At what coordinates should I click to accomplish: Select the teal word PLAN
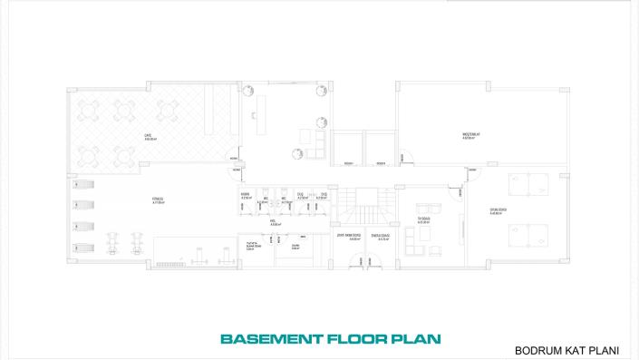tap(414, 339)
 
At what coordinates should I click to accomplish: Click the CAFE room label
tap(148, 137)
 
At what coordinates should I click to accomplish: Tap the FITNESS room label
tap(158, 200)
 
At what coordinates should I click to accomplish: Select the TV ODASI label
tap(422, 219)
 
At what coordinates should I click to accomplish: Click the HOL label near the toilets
tap(273, 220)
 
